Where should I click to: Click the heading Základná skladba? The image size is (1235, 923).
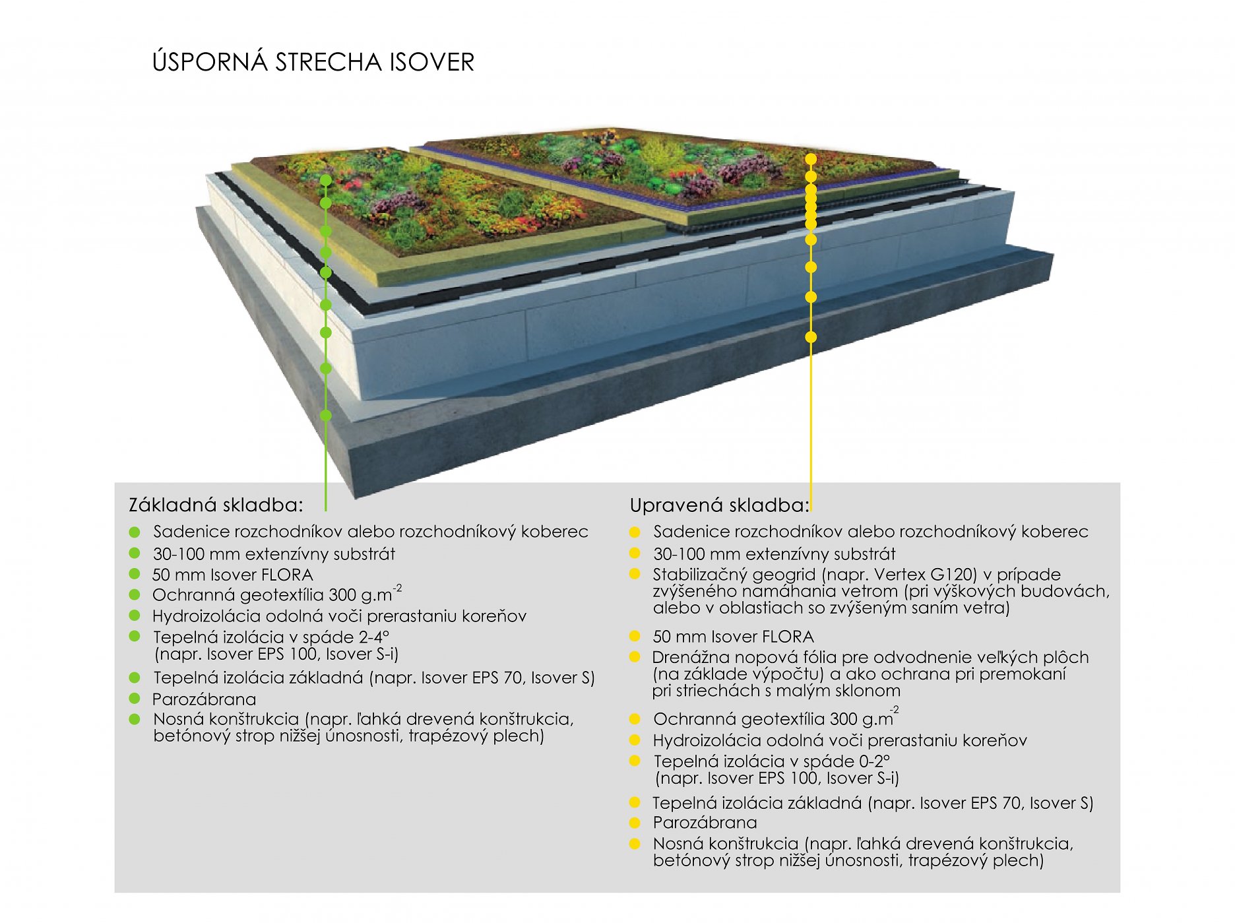tap(216, 505)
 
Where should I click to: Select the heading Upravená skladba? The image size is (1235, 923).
tap(719, 505)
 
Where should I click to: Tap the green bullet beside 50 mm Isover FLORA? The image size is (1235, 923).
tap(135, 574)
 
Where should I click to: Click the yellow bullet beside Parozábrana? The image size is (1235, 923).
tap(635, 823)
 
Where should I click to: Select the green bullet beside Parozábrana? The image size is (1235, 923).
tap(135, 699)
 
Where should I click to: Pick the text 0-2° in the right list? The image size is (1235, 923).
tap(871, 761)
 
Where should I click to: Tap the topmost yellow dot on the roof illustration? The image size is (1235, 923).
tap(811, 159)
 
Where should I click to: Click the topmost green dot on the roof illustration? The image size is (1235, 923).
tap(325, 179)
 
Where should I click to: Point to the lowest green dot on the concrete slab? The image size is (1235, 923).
tap(325, 416)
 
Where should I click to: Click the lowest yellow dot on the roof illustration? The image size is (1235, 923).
tap(811, 337)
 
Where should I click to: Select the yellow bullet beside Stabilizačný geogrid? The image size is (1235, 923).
tap(635, 574)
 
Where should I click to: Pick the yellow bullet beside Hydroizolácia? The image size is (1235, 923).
tap(635, 740)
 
